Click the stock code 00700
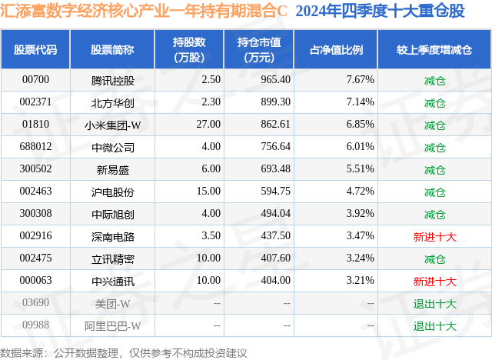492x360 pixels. pyautogui.click(x=35, y=79)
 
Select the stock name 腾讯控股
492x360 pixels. pyautogui.click(x=112, y=79)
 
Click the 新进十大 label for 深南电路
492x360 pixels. pyautogui.click(x=434, y=237)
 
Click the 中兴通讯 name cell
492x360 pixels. pyautogui.click(x=112, y=282)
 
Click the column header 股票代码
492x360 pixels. pyautogui.click(x=35, y=50)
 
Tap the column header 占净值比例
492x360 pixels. pyautogui.click(x=336, y=50)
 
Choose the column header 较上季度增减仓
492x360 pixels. pyautogui.click(x=434, y=50)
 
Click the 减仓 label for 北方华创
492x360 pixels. pyautogui.click(x=434, y=102)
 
